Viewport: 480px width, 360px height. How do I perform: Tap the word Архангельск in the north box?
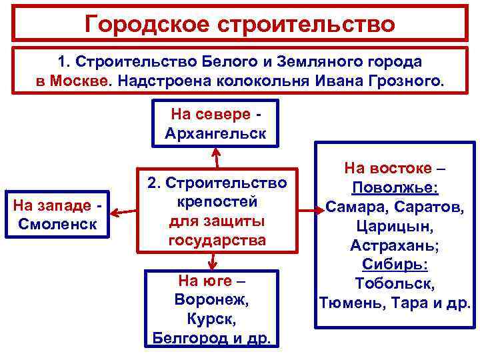[215, 132]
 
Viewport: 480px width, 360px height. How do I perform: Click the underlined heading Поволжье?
[395, 187]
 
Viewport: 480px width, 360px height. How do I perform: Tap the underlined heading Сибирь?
[395, 265]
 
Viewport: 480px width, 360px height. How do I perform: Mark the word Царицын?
[395, 226]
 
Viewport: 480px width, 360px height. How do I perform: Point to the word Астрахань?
[395, 245]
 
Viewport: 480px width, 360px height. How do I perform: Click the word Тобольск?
[395, 284]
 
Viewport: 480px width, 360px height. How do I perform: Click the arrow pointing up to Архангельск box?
[215, 156]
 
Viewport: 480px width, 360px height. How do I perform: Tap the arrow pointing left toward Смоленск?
[123, 213]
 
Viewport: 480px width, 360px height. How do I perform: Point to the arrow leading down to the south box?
[212, 260]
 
